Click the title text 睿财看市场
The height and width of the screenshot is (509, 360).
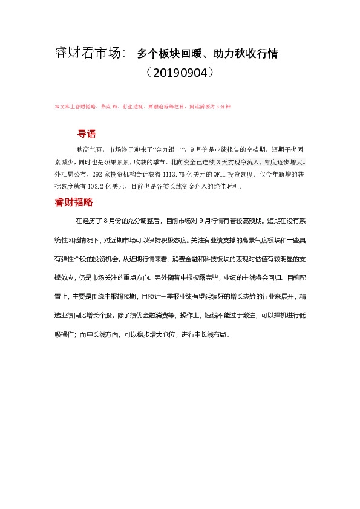[x=89, y=54]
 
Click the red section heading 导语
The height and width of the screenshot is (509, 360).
[x=87, y=134]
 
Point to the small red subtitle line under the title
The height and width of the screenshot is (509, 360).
[x=142, y=106]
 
